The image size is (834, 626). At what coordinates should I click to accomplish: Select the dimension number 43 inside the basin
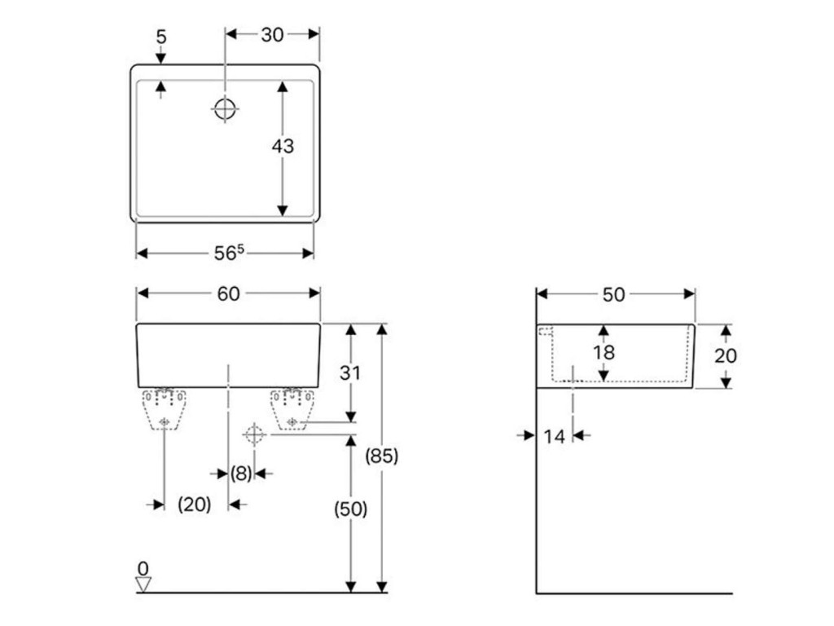[283, 147]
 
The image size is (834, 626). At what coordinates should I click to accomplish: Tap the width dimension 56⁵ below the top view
[229, 253]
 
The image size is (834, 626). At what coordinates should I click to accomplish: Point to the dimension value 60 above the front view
[229, 293]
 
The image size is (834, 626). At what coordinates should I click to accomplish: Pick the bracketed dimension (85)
[382, 456]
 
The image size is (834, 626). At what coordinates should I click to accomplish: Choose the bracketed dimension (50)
[351, 509]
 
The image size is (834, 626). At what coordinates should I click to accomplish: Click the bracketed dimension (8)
[241, 473]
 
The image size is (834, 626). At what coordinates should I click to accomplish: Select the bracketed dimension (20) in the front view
[195, 505]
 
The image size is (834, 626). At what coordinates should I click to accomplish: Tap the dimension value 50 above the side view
[614, 294]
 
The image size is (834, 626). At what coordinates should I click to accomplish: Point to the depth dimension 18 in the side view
[604, 353]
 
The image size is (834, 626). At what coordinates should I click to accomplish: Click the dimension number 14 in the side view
[554, 436]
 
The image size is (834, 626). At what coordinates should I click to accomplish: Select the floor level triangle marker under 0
[144, 584]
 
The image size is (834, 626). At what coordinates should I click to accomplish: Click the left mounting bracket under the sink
[165, 408]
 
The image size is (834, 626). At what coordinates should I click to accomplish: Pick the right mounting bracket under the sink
[293, 408]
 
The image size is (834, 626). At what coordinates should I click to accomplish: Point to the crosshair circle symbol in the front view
[254, 434]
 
